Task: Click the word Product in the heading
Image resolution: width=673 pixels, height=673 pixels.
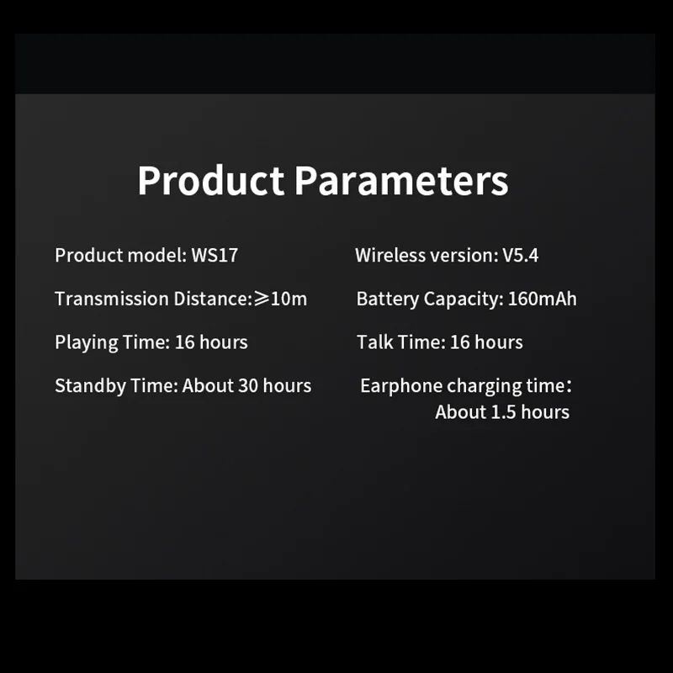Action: click(x=210, y=180)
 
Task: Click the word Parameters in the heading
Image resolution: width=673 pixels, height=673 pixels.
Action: click(x=401, y=180)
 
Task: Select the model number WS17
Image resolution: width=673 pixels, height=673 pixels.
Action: click(x=215, y=256)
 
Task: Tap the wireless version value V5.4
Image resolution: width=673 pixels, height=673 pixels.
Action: click(x=520, y=256)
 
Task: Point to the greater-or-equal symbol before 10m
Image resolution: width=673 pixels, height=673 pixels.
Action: click(x=262, y=299)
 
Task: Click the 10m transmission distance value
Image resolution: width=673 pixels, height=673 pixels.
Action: click(x=289, y=299)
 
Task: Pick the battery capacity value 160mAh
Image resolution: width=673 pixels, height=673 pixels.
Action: click(x=542, y=299)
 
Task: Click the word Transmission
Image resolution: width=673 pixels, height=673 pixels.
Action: click(x=112, y=299)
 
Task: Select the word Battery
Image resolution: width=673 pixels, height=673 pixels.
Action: click(x=388, y=299)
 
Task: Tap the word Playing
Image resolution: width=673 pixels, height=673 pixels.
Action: click(x=87, y=343)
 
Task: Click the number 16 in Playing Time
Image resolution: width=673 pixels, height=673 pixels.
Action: click(x=185, y=342)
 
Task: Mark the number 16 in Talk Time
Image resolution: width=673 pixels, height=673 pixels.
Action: click(x=460, y=342)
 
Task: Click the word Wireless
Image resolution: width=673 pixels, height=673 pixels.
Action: click(x=390, y=256)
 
